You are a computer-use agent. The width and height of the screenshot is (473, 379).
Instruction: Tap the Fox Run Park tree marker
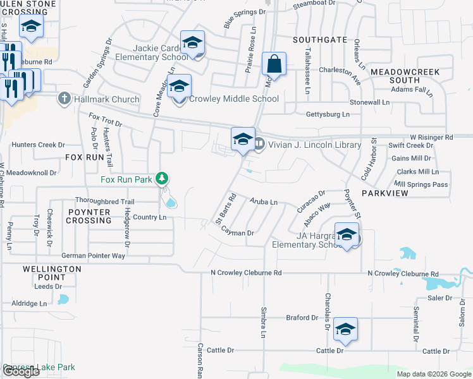pos(163,179)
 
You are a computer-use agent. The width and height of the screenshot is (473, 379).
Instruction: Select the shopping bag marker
pos(274,64)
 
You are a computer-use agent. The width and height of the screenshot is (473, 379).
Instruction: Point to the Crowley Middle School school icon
pos(180,87)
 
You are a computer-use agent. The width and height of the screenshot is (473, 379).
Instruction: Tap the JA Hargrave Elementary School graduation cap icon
pos(347,236)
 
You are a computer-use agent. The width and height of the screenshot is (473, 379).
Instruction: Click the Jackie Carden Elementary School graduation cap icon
pos(192,43)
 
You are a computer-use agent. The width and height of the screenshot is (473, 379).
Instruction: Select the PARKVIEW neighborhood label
pos(385,193)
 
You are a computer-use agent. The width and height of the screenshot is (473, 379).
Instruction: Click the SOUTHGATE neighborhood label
pos(320,40)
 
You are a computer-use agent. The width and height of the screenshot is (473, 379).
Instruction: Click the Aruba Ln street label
pos(264,202)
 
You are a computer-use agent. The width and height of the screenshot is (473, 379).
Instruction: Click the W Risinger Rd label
pos(431,137)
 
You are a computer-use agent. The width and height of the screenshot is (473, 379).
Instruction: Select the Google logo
pos(21,371)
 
